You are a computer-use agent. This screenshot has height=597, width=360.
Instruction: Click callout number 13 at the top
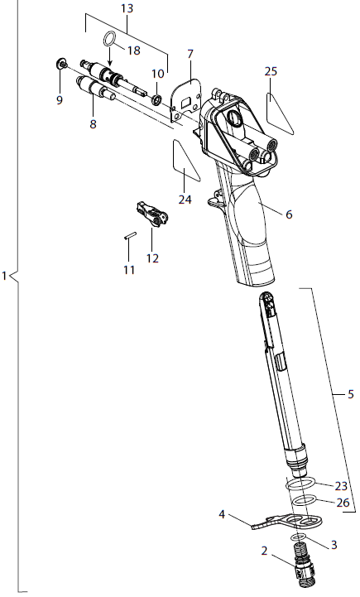coord(127,8)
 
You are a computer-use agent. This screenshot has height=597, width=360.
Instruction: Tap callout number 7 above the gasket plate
coord(190,54)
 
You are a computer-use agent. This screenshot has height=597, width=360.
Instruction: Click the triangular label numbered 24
coord(184,162)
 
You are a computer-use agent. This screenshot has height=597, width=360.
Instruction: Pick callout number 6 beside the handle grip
coord(289,214)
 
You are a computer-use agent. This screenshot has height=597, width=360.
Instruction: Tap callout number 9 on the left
coord(59,99)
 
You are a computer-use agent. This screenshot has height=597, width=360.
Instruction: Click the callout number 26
coord(342,502)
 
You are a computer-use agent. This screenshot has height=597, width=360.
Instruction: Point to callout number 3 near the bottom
coord(334,544)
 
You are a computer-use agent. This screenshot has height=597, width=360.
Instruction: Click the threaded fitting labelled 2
coord(304,571)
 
